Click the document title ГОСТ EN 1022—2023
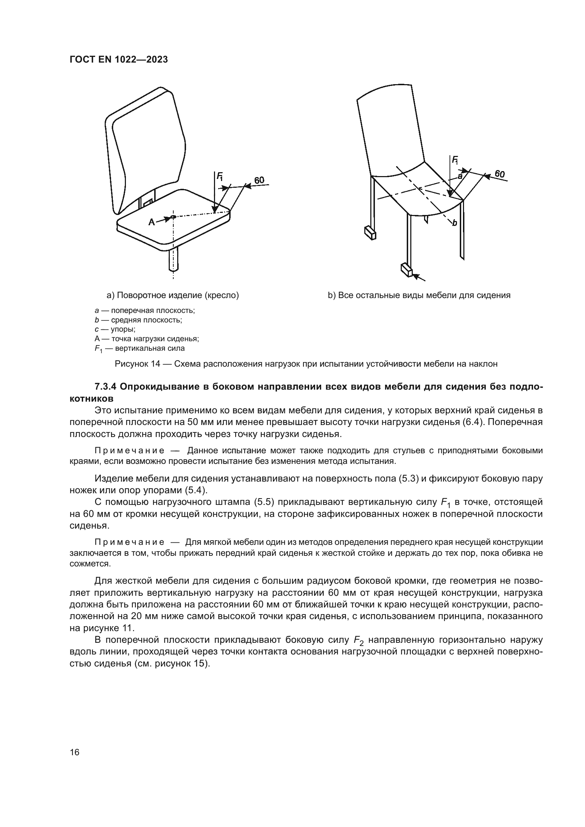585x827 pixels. tap(118, 60)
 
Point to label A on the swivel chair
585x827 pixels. tap(152, 222)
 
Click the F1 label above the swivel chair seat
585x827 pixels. tap(219, 176)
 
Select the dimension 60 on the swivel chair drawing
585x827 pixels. tap(259, 180)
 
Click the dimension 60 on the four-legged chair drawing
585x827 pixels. tap(500, 174)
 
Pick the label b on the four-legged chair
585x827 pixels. tap(454, 223)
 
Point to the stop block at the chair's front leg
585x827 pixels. tap(406, 269)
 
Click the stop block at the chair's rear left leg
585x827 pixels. tap(370, 232)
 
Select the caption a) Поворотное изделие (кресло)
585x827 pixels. tap(173, 295)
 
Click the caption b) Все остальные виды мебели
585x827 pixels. tap(419, 295)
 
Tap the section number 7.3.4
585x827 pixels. tap(106, 387)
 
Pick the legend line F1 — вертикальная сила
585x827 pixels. tap(139, 348)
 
